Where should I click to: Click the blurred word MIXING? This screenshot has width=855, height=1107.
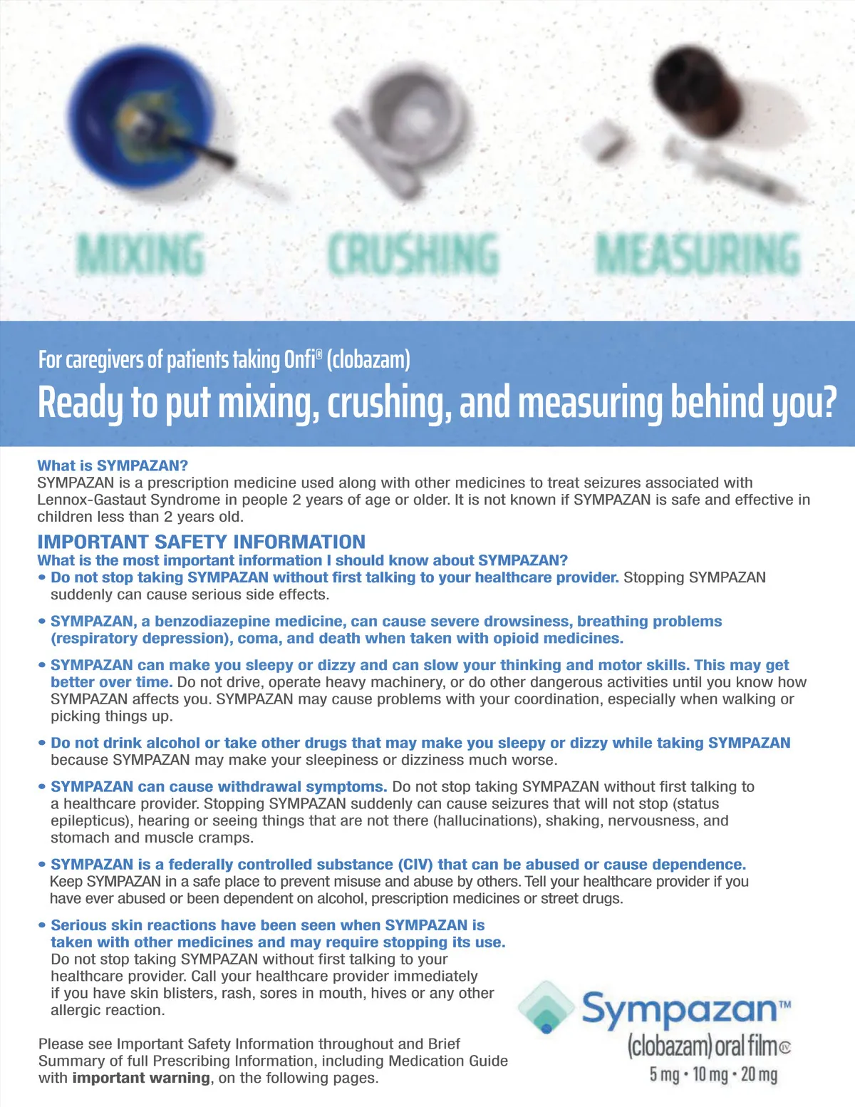pyautogui.click(x=140, y=254)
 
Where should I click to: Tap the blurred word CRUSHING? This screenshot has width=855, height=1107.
pyautogui.click(x=413, y=254)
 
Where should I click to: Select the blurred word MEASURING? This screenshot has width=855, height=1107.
pyautogui.click(x=698, y=254)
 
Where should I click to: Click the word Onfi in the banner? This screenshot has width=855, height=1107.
pyautogui.click(x=300, y=359)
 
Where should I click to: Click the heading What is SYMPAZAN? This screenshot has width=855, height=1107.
pyautogui.click(x=113, y=465)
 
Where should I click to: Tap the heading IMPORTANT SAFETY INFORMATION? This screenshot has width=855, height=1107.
pyautogui.click(x=201, y=542)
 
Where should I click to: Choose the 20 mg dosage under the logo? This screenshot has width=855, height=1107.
pyautogui.click(x=759, y=1074)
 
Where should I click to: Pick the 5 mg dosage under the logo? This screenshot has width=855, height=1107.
pyautogui.click(x=664, y=1074)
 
